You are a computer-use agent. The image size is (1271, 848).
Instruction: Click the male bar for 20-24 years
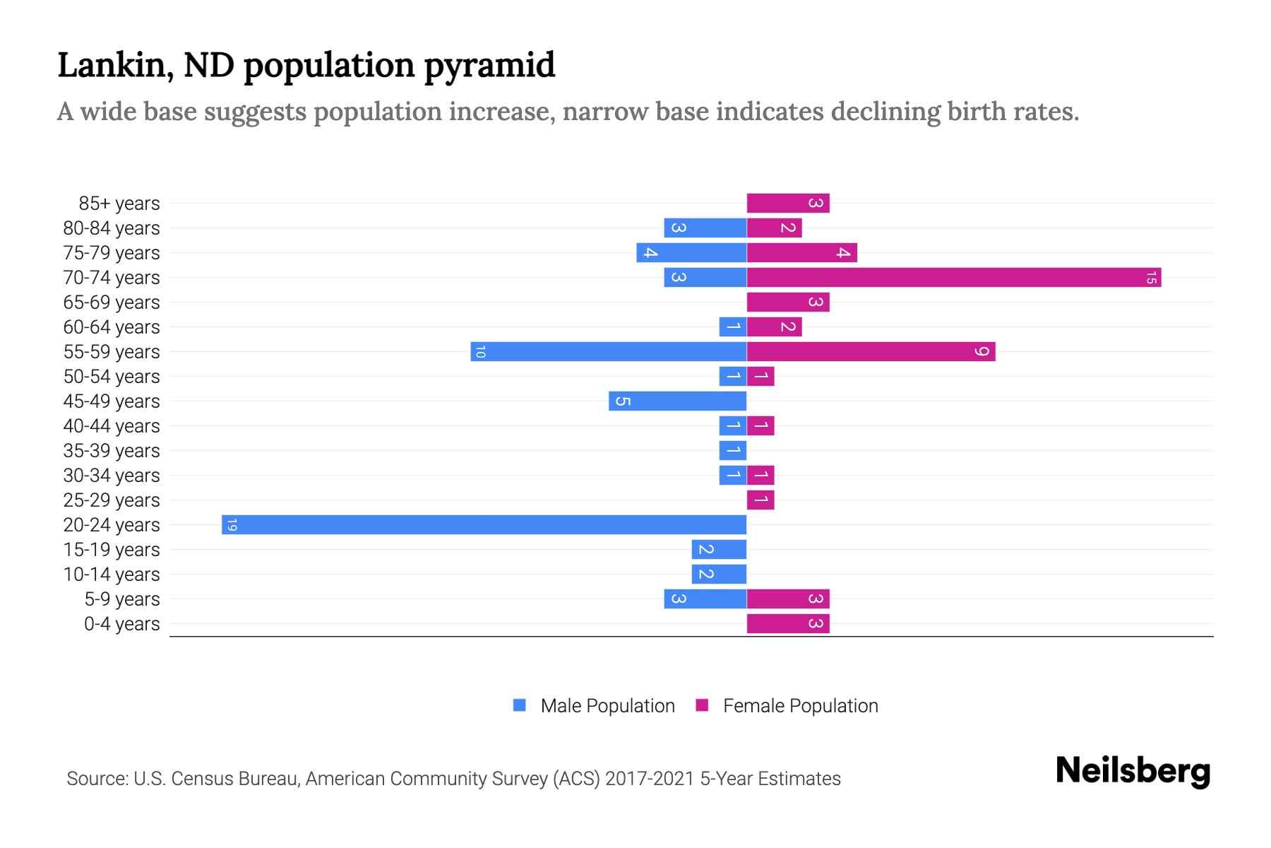point(484,524)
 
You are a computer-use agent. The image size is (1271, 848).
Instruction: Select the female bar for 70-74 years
point(953,277)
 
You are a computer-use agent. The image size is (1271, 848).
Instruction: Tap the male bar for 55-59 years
point(609,351)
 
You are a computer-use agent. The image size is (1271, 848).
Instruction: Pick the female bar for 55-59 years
point(871,351)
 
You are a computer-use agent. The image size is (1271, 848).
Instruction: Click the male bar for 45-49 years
point(677,401)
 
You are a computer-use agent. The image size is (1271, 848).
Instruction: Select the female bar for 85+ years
point(788,203)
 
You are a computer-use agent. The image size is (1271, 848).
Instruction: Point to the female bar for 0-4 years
point(788,623)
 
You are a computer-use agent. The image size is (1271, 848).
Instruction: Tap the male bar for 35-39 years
point(733,450)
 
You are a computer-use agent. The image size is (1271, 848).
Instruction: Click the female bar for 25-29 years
point(760,500)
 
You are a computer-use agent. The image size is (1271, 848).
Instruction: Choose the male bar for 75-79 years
point(691,252)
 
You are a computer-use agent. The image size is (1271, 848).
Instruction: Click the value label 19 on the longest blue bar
point(232,524)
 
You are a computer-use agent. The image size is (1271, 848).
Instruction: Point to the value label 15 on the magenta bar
point(1151,277)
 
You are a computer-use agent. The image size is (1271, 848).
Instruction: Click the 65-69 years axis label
point(112,302)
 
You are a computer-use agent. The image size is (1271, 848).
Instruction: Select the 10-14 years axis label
point(112,575)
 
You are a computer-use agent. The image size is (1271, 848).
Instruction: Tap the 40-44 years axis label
point(112,426)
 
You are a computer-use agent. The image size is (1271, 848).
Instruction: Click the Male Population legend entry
point(594,705)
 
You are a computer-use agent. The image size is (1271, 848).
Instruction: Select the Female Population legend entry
point(787,705)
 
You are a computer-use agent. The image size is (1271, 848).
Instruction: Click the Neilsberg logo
point(1133,770)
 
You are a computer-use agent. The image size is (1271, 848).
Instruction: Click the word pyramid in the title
point(489,65)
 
